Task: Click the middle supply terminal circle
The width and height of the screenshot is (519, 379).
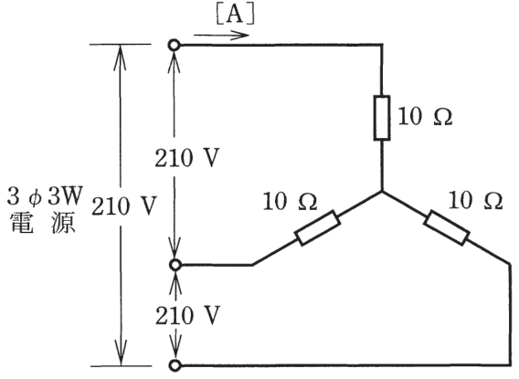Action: (x=175, y=265)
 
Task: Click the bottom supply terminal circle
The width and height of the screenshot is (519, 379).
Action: (x=175, y=365)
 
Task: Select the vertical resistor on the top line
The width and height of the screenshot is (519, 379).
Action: (x=382, y=118)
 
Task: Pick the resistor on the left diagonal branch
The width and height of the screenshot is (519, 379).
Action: (x=317, y=227)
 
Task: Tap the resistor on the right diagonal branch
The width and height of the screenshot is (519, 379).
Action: (x=447, y=227)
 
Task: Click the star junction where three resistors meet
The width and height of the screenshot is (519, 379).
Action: (x=382, y=191)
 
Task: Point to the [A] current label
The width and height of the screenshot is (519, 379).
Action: (x=236, y=15)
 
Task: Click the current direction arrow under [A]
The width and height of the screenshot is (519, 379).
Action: (x=221, y=35)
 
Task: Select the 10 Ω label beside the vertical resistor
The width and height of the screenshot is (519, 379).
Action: (x=425, y=116)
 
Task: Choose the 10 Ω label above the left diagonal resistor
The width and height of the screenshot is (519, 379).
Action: (x=290, y=201)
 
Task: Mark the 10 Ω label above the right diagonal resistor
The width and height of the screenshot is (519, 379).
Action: (x=475, y=200)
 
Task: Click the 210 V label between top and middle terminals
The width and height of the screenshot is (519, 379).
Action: (x=187, y=158)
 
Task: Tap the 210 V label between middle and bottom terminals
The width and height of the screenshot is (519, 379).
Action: (x=187, y=315)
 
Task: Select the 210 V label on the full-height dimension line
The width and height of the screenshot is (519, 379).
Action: (x=123, y=206)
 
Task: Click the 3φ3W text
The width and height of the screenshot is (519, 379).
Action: (x=45, y=196)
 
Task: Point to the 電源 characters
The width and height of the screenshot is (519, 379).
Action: (x=43, y=223)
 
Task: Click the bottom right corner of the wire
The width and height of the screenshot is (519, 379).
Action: (x=510, y=365)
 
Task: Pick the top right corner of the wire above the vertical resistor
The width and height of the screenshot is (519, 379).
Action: (x=382, y=45)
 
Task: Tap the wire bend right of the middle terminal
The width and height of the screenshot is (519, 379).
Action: (x=252, y=265)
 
